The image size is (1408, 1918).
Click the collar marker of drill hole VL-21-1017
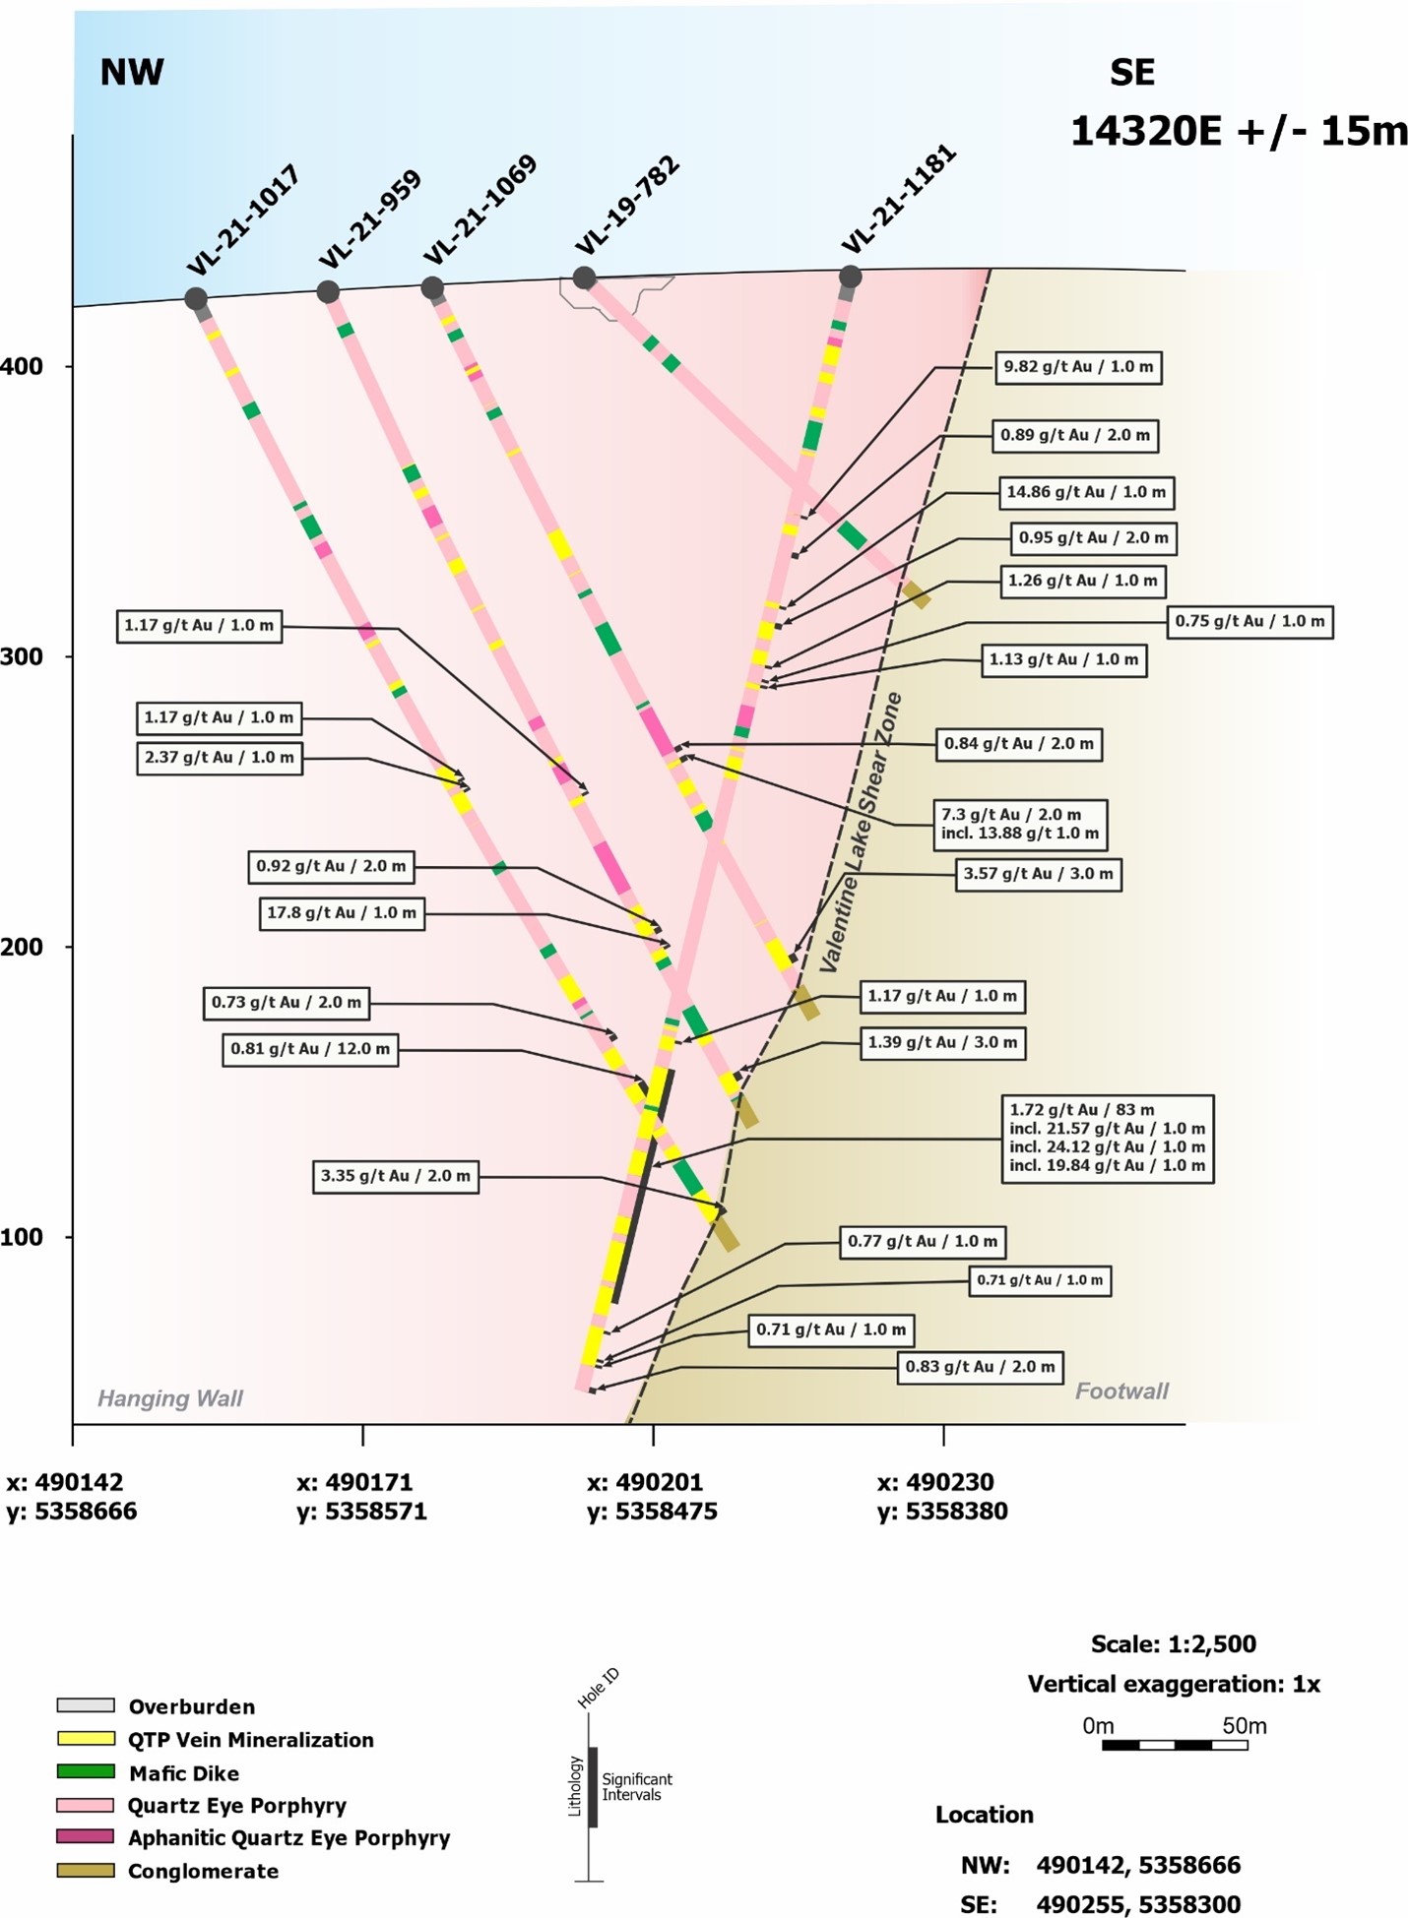point(196,298)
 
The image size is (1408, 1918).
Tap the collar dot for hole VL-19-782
point(584,278)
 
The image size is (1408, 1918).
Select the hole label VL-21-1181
point(898,199)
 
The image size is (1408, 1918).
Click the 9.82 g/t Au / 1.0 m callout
point(1077,367)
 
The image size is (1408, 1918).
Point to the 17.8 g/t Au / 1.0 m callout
point(341,913)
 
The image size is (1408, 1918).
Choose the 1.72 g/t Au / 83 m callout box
point(1106,1138)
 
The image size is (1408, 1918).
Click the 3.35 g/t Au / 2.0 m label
point(395,1176)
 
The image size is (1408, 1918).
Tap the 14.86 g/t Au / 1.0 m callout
point(1085,492)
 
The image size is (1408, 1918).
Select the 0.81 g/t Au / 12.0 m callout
point(309,1049)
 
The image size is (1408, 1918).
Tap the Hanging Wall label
point(169,1398)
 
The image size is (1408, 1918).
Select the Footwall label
point(1120,1391)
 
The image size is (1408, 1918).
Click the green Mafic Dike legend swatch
point(86,1772)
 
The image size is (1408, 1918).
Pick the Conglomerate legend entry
point(202,1871)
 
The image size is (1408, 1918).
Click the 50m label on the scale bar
point(1244,1725)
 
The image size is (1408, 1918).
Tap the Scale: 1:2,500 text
point(1173,1643)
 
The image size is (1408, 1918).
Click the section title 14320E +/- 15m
point(1238,131)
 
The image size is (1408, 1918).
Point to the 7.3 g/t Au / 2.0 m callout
point(1020,824)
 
